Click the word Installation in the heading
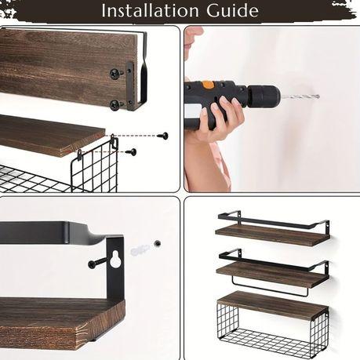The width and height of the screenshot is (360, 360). point(151,10)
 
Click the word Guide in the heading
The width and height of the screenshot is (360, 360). point(233,10)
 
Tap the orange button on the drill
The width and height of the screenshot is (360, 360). point(208,85)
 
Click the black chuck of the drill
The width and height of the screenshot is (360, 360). point(264,96)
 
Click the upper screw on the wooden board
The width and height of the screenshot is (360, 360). point(116,73)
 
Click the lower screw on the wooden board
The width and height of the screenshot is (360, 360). point(116,104)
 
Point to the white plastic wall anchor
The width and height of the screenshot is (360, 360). point(140,249)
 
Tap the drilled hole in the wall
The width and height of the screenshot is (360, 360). point(158,243)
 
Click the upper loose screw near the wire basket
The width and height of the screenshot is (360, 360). point(163,136)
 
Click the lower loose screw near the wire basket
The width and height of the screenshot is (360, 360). point(131,151)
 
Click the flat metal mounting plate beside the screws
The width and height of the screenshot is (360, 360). point(130,86)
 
